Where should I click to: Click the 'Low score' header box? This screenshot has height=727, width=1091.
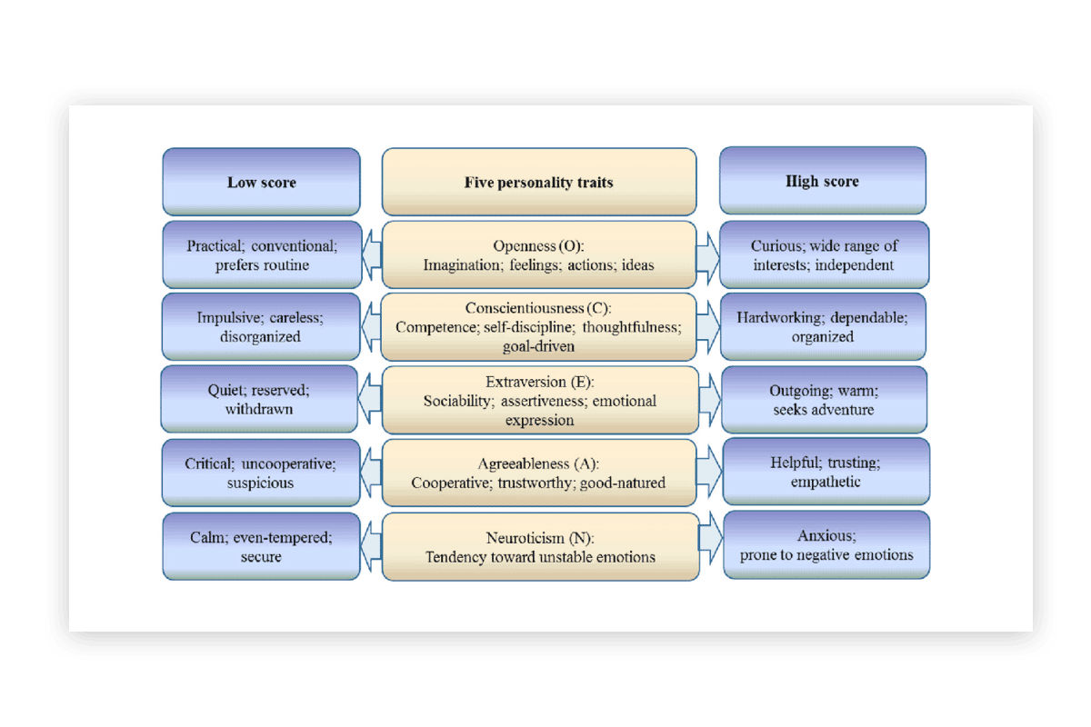point(262,182)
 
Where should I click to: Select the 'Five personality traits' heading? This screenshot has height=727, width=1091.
point(538,183)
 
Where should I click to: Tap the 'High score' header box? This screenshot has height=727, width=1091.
point(823,181)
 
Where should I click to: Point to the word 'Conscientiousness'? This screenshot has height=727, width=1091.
point(524,308)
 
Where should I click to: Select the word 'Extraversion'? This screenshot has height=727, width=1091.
point(525,382)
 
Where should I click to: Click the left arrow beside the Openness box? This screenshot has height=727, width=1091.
point(372,254)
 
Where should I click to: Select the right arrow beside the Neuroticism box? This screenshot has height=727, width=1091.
point(711,538)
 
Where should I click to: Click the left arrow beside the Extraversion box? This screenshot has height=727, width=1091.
point(370,399)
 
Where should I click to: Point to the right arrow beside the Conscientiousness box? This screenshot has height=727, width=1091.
point(708,327)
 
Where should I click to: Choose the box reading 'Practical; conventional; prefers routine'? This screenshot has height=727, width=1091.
point(262,254)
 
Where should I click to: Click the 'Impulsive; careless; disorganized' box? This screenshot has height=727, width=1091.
point(261,327)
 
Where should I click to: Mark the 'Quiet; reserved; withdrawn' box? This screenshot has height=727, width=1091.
point(259,399)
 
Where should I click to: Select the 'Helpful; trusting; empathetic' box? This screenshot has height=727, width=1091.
point(826,472)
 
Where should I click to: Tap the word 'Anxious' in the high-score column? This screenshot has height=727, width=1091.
point(826,535)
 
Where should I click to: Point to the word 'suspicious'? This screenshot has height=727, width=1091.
point(260,483)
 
